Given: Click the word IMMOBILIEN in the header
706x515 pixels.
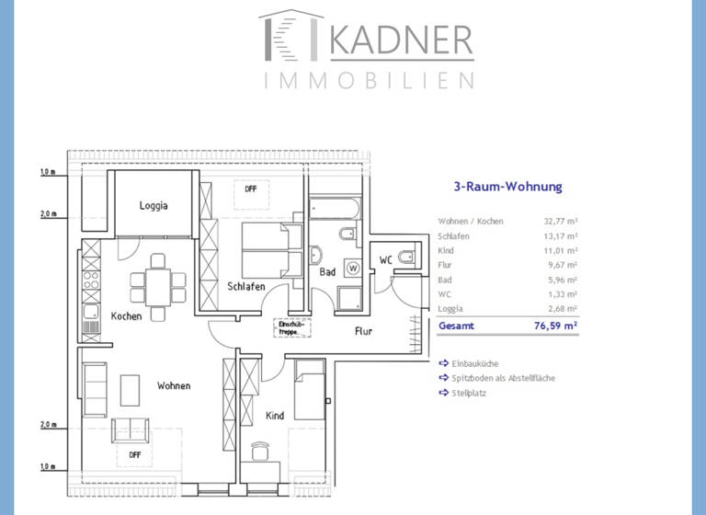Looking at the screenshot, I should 369,81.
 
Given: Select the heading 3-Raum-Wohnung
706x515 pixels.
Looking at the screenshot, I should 507,187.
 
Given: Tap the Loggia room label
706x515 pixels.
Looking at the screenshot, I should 154,206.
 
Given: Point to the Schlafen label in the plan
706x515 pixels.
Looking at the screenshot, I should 246,287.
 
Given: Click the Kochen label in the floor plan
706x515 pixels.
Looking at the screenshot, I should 126,316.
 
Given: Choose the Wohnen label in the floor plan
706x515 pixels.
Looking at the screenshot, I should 173,386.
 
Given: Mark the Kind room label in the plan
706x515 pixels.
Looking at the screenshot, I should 274,416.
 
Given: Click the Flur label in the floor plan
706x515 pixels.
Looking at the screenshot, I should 363,331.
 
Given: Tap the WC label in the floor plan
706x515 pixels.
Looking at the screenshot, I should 386,261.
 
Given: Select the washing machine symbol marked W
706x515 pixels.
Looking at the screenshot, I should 353,269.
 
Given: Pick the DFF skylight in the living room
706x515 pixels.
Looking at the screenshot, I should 134,453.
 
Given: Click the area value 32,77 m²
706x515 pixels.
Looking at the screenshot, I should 560,222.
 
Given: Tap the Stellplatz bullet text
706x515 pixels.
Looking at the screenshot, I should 469,393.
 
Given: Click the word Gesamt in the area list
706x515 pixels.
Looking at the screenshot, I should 457,326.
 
